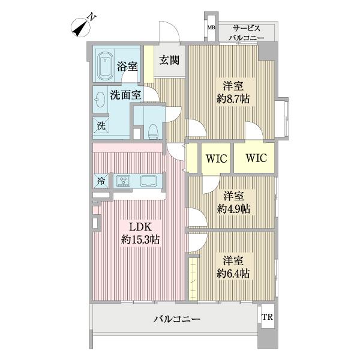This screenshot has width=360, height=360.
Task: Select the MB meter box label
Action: tap(211, 28)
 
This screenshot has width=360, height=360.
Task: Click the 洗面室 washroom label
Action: tap(125, 94)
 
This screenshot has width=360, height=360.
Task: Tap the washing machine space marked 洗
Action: tap(101, 126)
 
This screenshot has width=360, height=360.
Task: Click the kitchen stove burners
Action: tap(124, 180)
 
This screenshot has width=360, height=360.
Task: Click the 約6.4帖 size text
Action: tap(233, 273)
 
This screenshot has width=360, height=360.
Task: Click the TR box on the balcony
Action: tap(266, 317)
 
